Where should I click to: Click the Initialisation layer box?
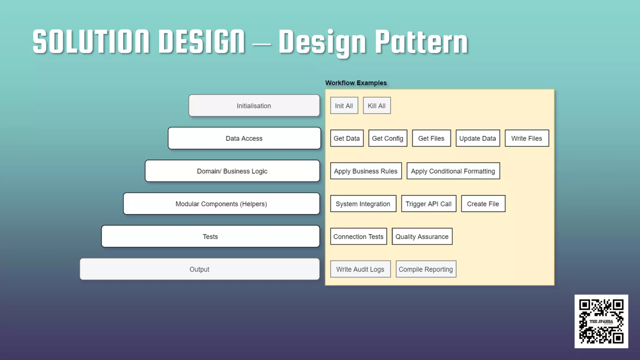coord(254,106)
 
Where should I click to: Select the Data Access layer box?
coord(244,138)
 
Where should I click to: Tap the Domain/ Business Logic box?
coord(232,171)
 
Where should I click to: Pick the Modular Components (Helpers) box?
coord(221,204)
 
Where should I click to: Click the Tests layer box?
coord(210,237)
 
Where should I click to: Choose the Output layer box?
coord(199,269)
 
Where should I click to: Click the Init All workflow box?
coord(344,106)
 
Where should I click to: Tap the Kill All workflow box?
coord(377,106)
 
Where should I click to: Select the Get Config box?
coord(387,138)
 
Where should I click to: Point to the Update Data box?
coord(477,138)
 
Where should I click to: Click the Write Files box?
coord(527,138)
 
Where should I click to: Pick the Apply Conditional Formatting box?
coord(453,171)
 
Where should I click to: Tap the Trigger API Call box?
coord(428,204)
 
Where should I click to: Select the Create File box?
coord(483,204)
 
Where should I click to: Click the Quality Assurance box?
coord(422,237)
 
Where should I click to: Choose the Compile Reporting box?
coord(426,269)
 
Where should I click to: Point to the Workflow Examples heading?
coord(356,83)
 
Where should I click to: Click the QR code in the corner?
coord(601,321)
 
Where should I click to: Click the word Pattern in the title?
coord(421,42)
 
